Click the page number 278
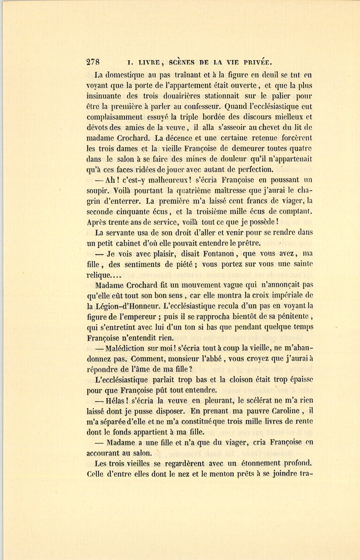[x=93, y=62]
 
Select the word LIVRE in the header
[x=149, y=62]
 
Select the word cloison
[x=242, y=380]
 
